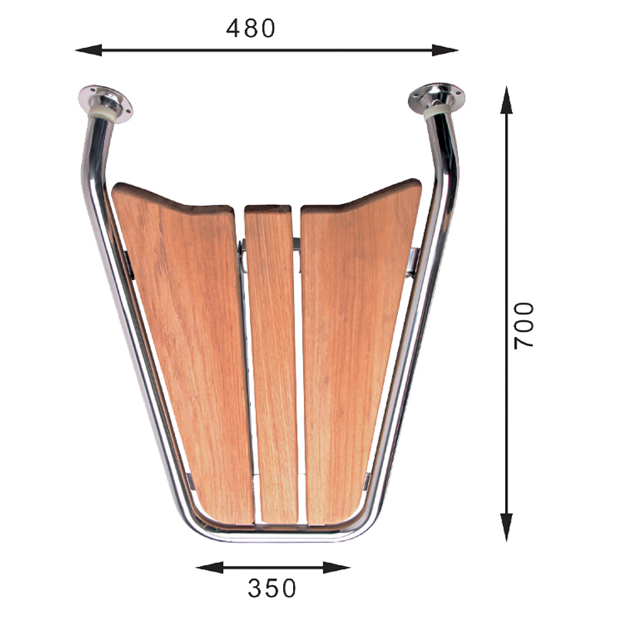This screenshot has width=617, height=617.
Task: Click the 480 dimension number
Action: [x=251, y=29]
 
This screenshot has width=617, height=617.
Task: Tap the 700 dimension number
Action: [x=524, y=325]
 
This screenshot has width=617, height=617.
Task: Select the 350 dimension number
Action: [x=271, y=588]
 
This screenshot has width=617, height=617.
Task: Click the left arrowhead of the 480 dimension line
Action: [x=88, y=50]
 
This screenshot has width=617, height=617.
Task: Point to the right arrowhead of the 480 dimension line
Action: [x=445, y=50]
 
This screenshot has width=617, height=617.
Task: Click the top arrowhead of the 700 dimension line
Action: [x=507, y=100]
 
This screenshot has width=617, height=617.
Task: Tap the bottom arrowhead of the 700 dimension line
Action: [x=507, y=528]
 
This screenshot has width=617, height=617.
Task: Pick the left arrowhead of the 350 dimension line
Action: [x=209, y=568]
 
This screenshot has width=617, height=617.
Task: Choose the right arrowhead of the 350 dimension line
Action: [x=337, y=568]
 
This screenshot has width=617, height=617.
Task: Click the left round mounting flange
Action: [x=106, y=103]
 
